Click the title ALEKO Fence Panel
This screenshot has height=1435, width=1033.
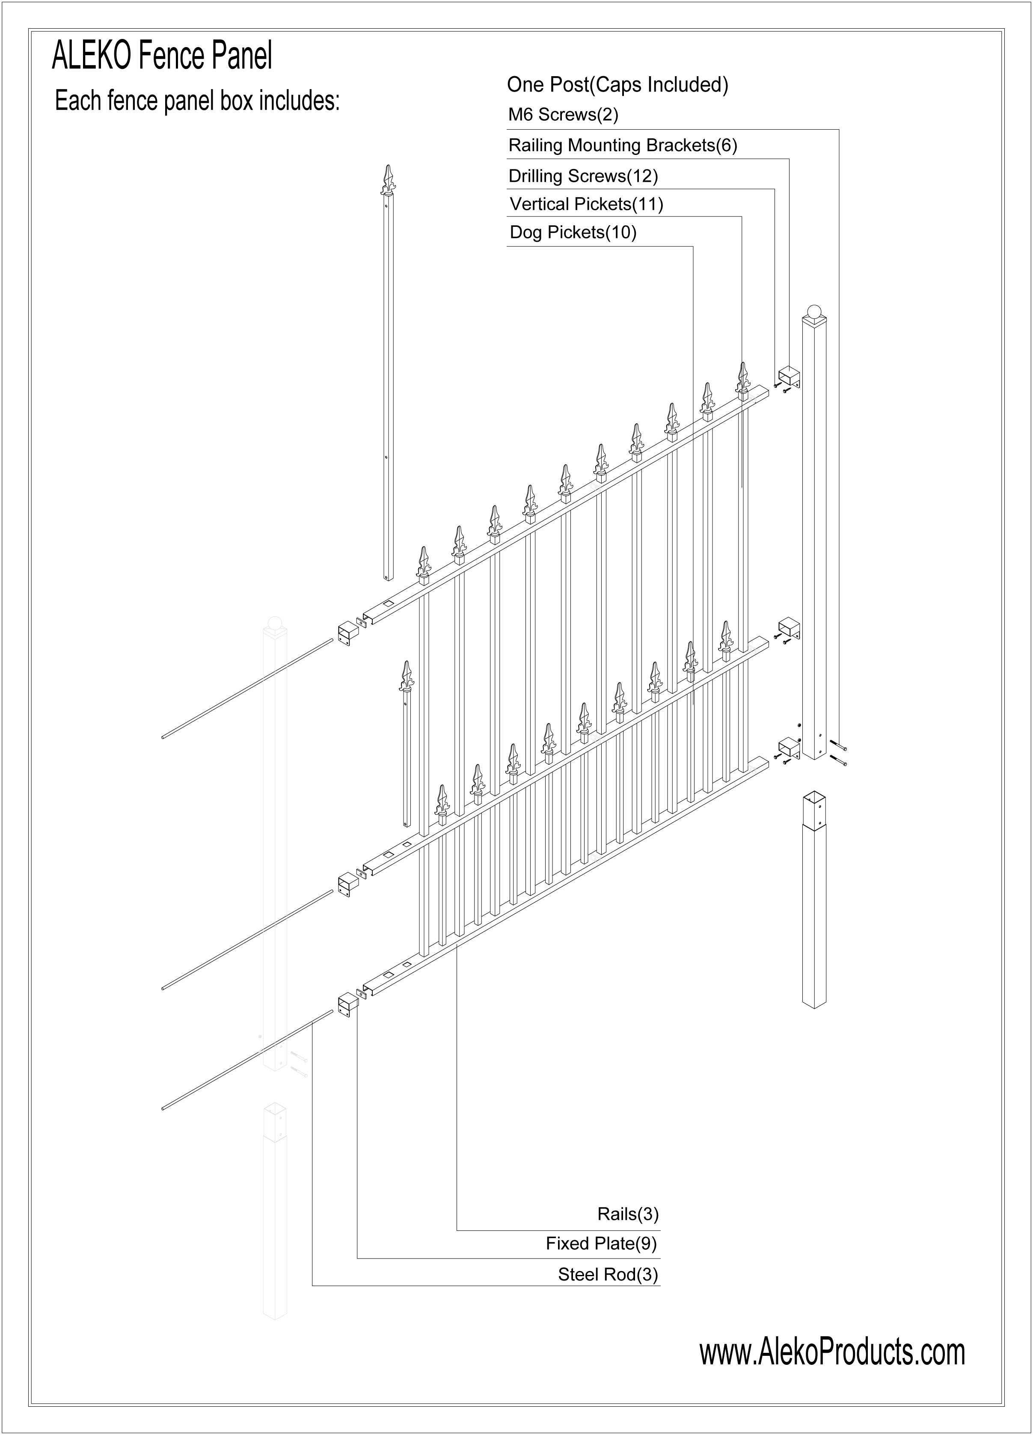(162, 56)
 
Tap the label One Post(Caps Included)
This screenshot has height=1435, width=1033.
(617, 85)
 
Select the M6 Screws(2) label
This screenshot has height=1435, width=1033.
(563, 115)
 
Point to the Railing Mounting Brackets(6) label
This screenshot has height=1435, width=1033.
(623, 146)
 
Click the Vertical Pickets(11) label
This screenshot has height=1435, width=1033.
(586, 204)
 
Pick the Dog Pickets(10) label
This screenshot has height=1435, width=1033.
(573, 232)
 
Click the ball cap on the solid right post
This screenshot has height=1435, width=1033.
(815, 312)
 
